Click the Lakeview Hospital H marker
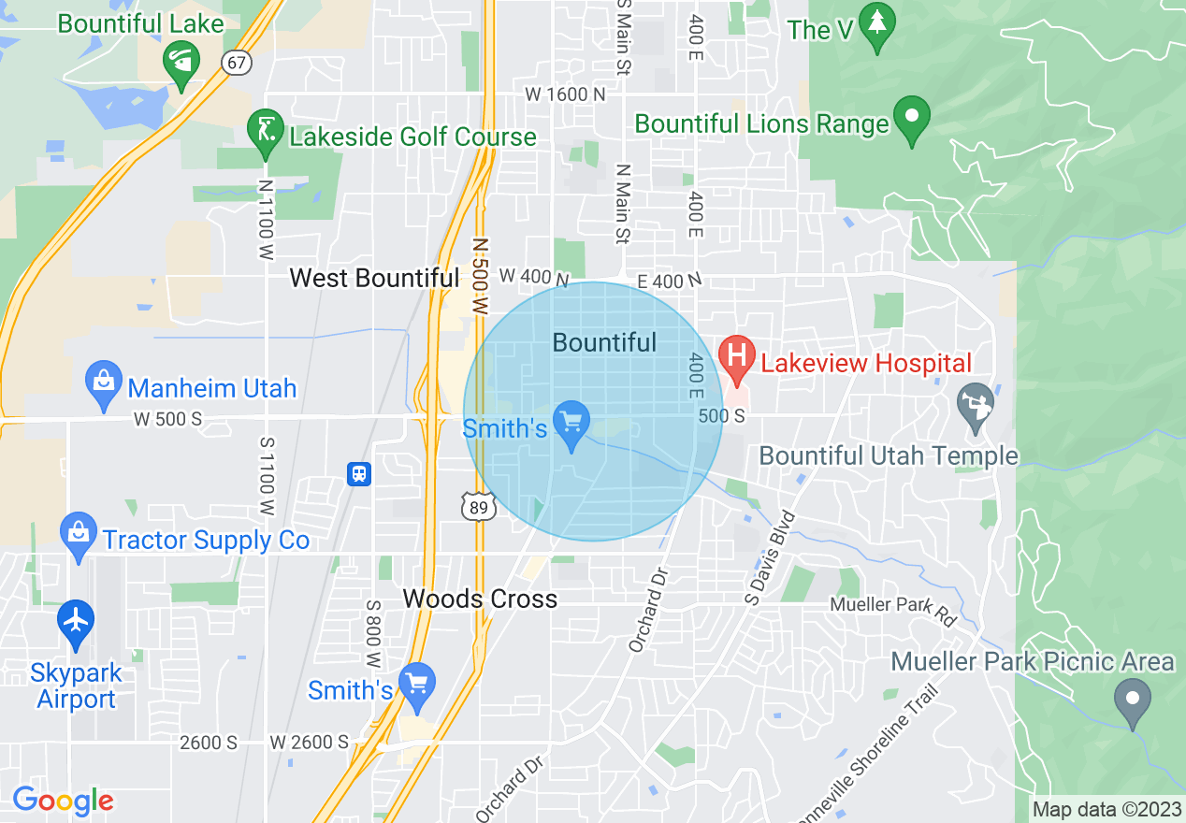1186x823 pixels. pos(736,356)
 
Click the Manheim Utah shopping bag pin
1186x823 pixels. pos(103,382)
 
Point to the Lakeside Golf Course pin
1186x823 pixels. pos(266,130)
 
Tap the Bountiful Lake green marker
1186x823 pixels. pos(181,63)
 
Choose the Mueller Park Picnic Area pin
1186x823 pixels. pos(1133,699)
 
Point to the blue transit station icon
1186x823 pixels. pos(359,474)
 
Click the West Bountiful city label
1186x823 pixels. pos(374,278)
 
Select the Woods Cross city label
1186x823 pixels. pos(480,599)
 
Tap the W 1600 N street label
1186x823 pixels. pos(564,94)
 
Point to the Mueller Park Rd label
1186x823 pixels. pos(893,607)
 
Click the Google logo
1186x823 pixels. pos(64,801)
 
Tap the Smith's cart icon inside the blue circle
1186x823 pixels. pos(571,422)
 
